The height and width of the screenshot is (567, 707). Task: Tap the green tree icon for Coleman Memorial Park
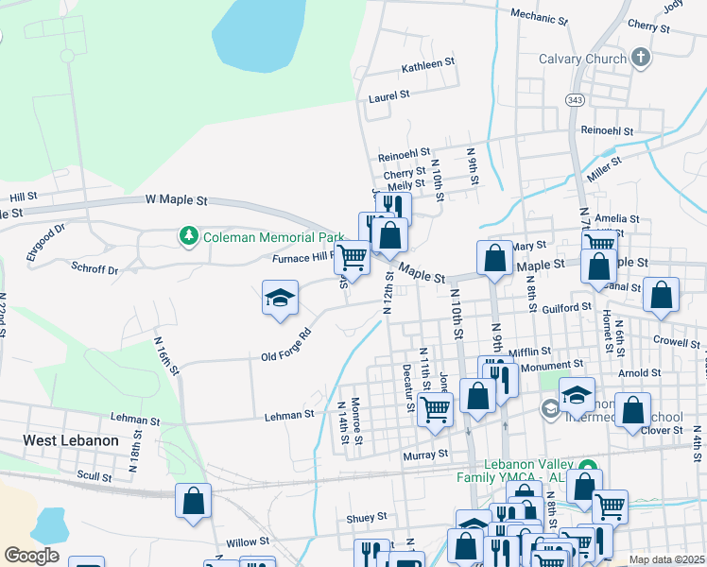[189, 234]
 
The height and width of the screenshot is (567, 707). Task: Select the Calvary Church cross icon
[641, 58]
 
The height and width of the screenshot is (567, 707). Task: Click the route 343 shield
[575, 99]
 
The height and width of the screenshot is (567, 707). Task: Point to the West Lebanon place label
[71, 440]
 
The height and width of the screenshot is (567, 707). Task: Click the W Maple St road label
[176, 200]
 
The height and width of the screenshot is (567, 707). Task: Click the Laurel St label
[388, 95]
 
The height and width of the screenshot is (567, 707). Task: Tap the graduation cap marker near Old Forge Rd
[280, 299]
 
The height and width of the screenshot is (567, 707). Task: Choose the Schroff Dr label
[95, 268]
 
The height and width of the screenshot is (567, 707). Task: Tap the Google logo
[31, 556]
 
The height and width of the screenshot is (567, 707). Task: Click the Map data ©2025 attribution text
[666, 559]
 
